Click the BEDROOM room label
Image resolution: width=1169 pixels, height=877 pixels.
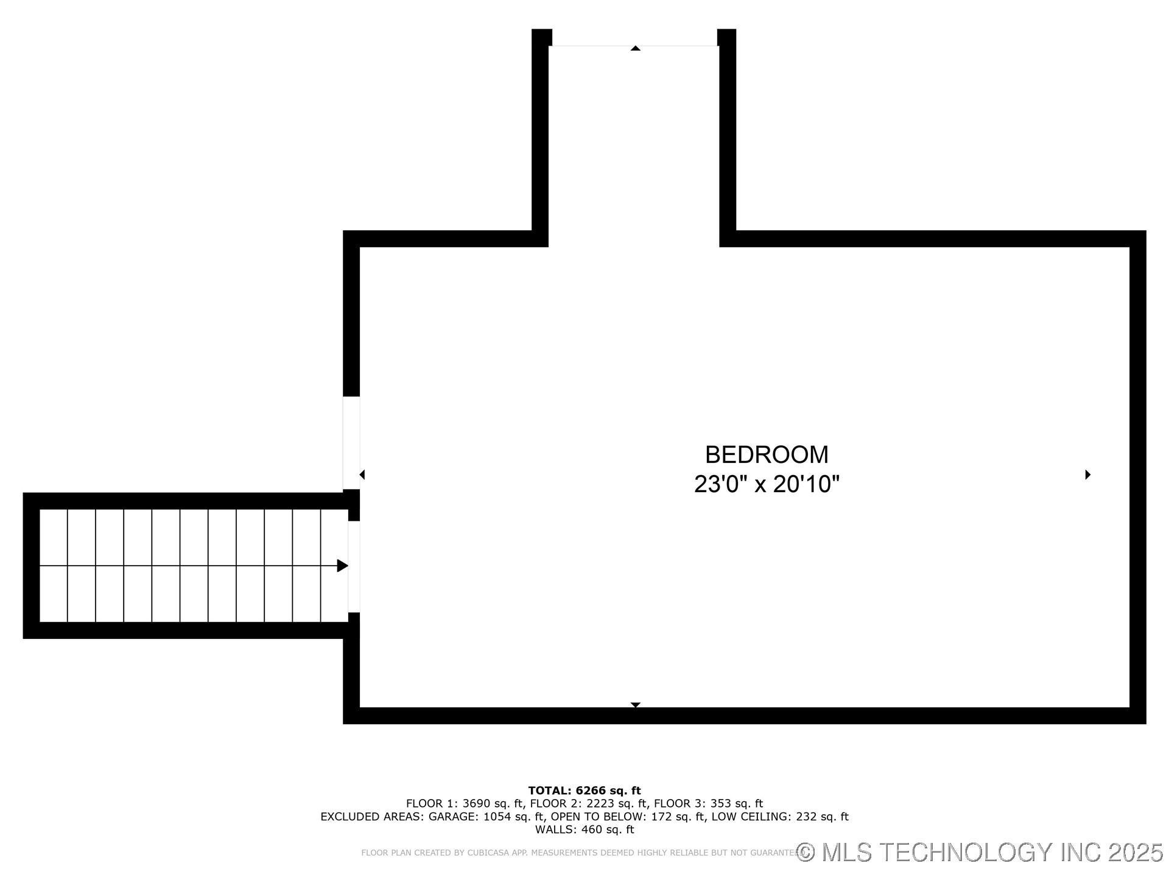[767, 455]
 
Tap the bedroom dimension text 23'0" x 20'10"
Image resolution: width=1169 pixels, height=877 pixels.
[767, 485]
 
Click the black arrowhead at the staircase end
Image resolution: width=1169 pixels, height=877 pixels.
[342, 566]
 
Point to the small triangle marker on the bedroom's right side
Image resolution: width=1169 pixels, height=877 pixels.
[1087, 474]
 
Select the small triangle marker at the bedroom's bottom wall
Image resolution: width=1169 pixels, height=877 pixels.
[635, 705]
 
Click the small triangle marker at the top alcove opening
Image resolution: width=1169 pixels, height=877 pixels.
[635, 48]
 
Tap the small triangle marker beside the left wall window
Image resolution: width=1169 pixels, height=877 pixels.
[362, 474]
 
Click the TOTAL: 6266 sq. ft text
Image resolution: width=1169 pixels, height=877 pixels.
[584, 791]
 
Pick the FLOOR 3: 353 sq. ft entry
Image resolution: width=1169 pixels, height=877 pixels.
[708, 803]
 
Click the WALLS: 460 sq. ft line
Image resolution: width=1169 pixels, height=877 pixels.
[584, 829]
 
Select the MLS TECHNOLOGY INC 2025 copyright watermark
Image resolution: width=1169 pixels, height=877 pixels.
[980, 852]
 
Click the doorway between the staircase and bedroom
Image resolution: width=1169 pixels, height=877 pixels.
[354, 566]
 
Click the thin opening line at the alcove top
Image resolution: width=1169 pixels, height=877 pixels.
[584, 46]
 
